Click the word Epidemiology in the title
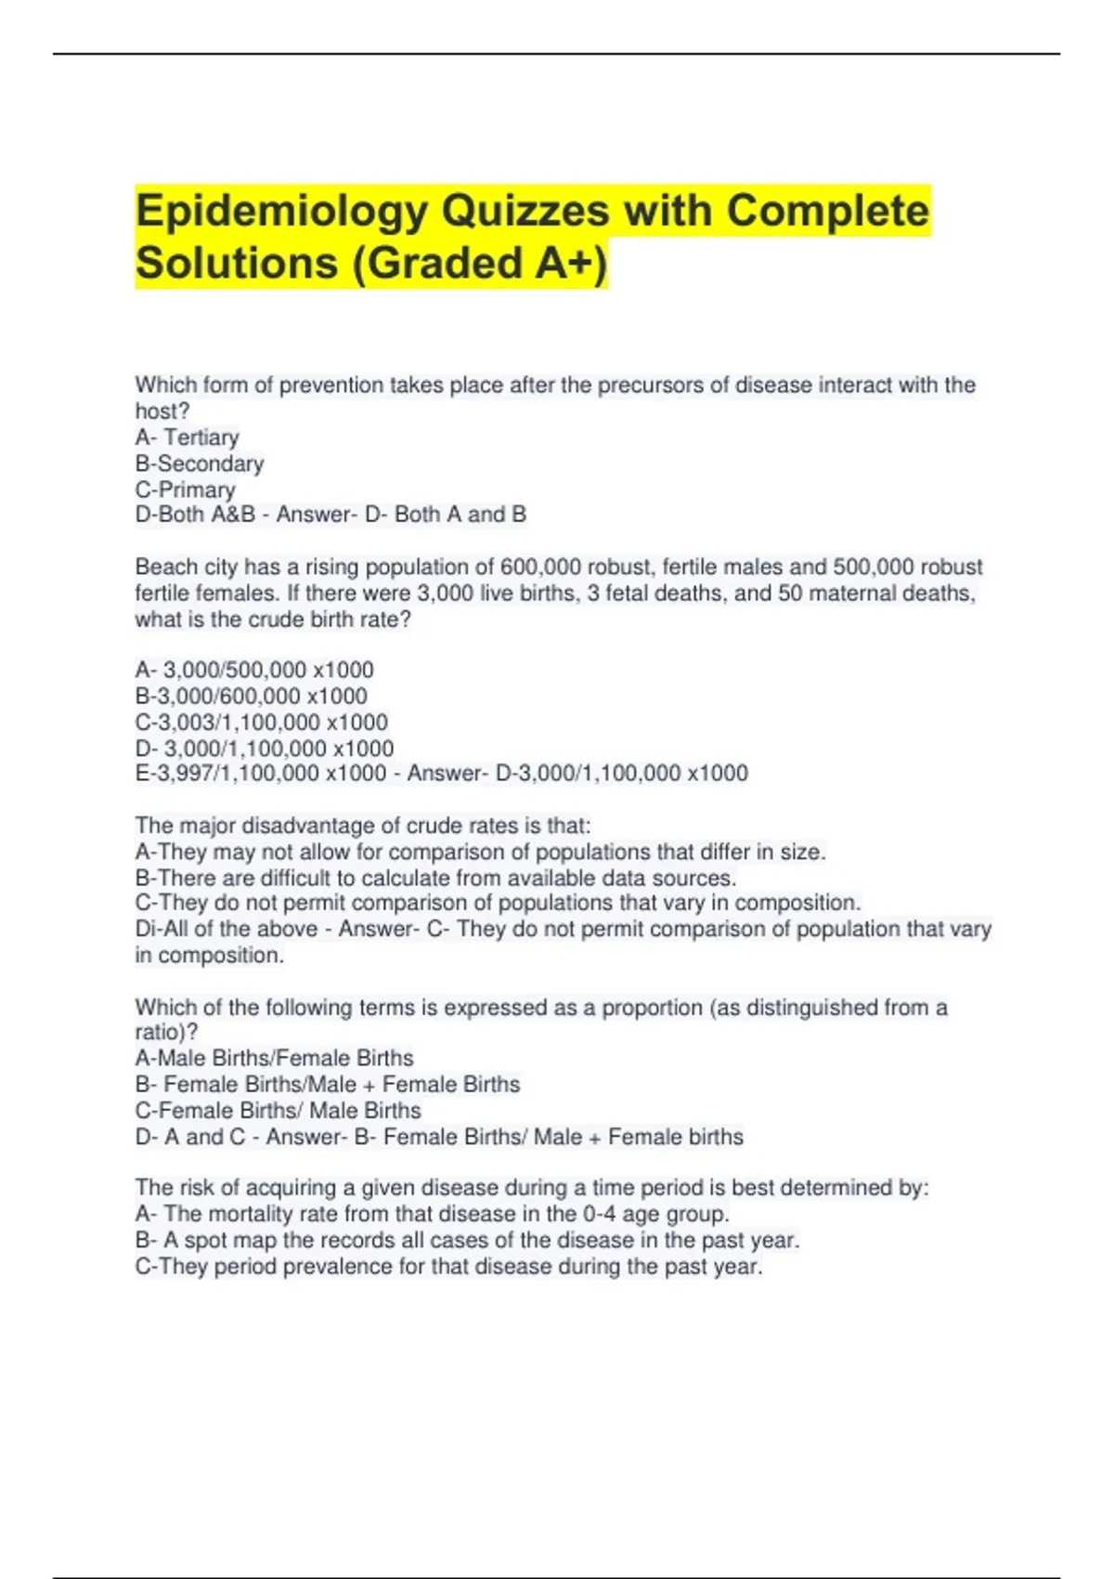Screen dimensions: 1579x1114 pyautogui.click(x=280, y=212)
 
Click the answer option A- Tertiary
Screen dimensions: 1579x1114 pyautogui.click(x=188, y=437)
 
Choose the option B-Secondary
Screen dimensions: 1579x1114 pyautogui.click(x=200, y=463)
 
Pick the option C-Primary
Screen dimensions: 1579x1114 pyautogui.click(x=186, y=489)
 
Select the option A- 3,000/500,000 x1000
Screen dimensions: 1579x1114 pyautogui.click(x=254, y=670)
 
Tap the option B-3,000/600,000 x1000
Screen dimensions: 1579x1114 pyautogui.click(x=252, y=696)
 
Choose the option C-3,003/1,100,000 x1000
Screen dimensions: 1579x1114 pyautogui.click(x=262, y=722)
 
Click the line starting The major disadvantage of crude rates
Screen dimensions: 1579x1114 pyautogui.click(x=363, y=826)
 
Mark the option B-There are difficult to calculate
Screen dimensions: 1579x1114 pyautogui.click(x=435, y=878)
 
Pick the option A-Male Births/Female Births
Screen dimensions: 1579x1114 pyautogui.click(x=275, y=1058)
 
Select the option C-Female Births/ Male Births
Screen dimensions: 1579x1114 pyautogui.click(x=278, y=1110)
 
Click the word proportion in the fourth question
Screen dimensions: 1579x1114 pyautogui.click(x=652, y=1008)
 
